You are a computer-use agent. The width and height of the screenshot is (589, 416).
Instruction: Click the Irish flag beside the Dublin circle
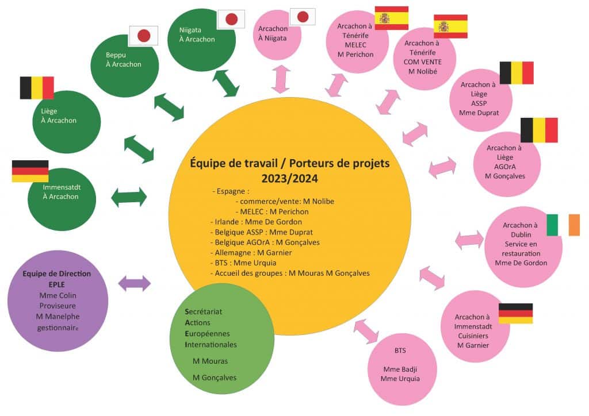pyautogui.click(x=563, y=224)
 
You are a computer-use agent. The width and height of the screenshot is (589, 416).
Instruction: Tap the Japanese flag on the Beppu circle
pyautogui.click(x=143, y=36)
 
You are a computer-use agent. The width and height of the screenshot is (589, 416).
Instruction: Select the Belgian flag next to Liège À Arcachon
pyautogui.click(x=37, y=88)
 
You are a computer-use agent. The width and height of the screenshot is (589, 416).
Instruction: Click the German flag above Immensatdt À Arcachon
pyautogui.click(x=30, y=171)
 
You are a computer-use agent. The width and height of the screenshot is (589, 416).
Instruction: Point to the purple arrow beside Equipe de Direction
pyautogui.click(x=134, y=283)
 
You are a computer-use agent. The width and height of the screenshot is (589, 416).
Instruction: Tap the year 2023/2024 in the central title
pyautogui.click(x=290, y=178)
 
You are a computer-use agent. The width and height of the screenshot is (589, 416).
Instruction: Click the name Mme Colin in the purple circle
pyautogui.click(x=57, y=295)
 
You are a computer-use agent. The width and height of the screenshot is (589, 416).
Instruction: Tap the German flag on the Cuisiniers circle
pyautogui.click(x=515, y=313)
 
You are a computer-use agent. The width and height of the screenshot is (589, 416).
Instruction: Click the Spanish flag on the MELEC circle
pyautogui.click(x=391, y=18)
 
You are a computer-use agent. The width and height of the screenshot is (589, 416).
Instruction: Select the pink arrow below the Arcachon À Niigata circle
pyautogui.click(x=281, y=79)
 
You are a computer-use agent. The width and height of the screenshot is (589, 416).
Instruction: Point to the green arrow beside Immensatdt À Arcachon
pyautogui.click(x=129, y=197)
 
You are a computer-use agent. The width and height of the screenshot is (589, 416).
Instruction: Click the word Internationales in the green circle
pyautogui.click(x=211, y=344)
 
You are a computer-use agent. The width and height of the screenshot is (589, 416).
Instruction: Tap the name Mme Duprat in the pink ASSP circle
pyautogui.click(x=479, y=113)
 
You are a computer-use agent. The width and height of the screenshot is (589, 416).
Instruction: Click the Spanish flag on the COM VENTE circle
pyautogui.click(x=450, y=26)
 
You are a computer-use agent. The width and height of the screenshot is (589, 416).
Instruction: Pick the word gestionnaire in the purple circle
pyautogui.click(x=57, y=327)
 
